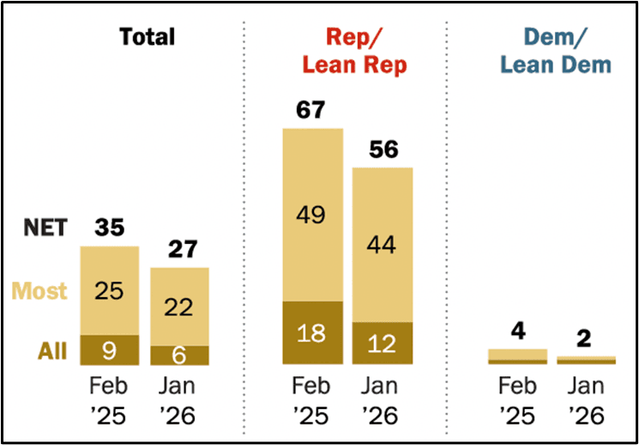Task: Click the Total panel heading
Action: click(x=147, y=37)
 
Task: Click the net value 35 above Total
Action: click(x=109, y=229)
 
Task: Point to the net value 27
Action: click(x=179, y=249)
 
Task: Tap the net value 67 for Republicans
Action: click(x=312, y=111)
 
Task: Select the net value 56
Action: click(x=383, y=149)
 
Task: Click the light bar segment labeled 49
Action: click(x=312, y=215)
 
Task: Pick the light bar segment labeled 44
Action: click(x=383, y=245)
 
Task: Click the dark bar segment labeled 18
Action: click(x=312, y=332)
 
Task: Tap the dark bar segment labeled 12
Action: click(x=383, y=343)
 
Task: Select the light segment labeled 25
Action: click(x=109, y=290)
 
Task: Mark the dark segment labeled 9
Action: click(x=109, y=350)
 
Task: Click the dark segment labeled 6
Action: click(x=179, y=355)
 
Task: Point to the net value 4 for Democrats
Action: click(x=517, y=331)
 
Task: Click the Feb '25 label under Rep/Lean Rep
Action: click(x=312, y=401)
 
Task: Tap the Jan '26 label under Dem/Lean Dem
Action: click(x=587, y=401)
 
